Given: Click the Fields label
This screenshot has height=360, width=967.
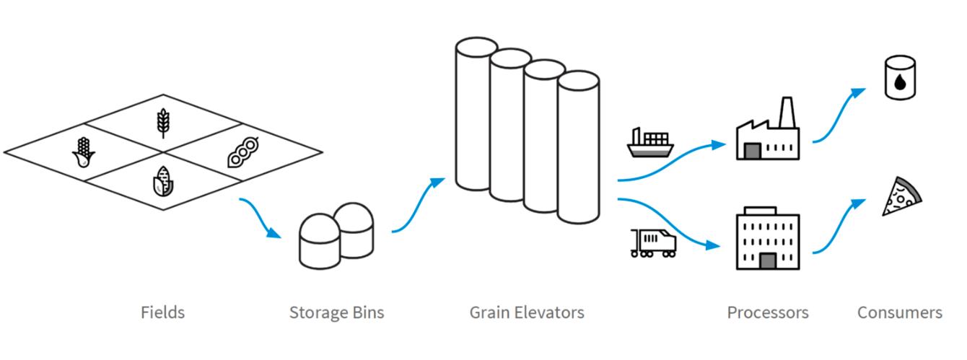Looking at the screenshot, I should (x=162, y=312).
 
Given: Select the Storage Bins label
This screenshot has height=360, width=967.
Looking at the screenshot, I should (x=336, y=312).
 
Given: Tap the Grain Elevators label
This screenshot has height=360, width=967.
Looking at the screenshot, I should (x=527, y=312).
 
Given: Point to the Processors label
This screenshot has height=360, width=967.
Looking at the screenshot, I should (x=767, y=312).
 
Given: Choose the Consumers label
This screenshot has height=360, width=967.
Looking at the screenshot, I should (x=899, y=312).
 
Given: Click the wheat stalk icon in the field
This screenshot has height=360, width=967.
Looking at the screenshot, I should (x=163, y=122).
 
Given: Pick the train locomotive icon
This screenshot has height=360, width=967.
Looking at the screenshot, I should (x=653, y=244).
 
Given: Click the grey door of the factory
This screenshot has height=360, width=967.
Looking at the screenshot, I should (x=753, y=151).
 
